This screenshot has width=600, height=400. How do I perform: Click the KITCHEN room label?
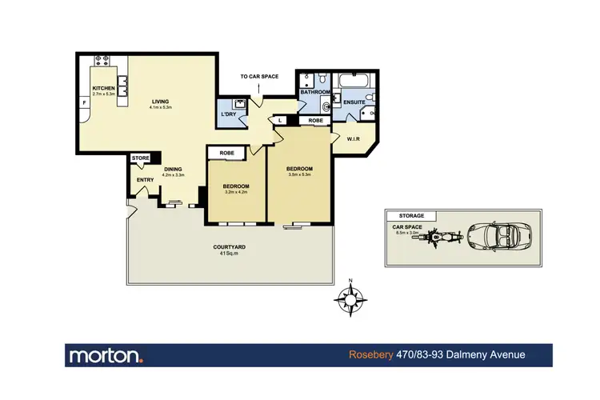(104, 89)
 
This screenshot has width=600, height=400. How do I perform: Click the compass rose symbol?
(350, 299)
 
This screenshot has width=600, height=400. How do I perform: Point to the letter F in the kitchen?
(84, 103)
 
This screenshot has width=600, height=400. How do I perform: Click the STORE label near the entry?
(142, 158)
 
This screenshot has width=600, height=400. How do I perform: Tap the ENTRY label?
(145, 180)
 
